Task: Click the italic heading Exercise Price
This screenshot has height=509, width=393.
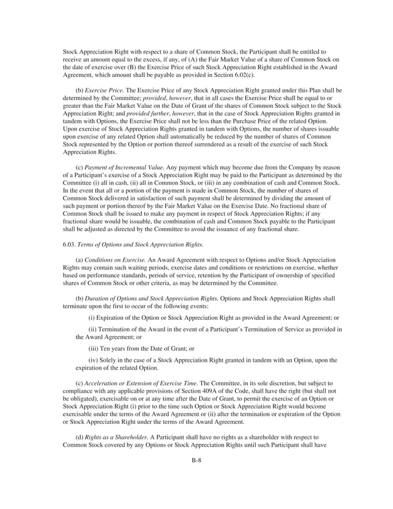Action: pyautogui.click(x=104, y=89)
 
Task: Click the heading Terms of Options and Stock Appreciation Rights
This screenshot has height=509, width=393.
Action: pyautogui.click(x=145, y=247)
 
